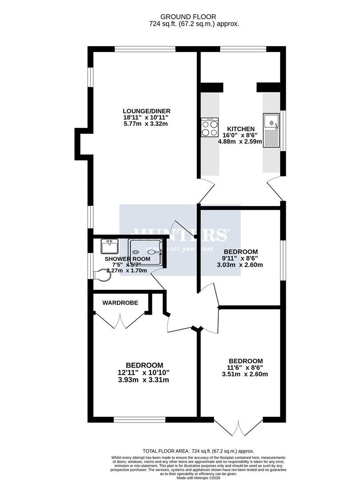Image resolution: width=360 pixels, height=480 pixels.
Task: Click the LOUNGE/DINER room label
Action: pos(147,111)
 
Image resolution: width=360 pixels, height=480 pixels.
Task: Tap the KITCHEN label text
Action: pos(240,128)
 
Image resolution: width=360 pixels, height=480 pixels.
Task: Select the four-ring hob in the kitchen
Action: pos(208,128)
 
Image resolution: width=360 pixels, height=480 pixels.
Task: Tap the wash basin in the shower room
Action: pos(109,246)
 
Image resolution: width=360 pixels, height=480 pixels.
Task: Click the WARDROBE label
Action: pos(120,303)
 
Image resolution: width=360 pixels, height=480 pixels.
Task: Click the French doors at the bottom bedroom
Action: pos(239,427)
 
